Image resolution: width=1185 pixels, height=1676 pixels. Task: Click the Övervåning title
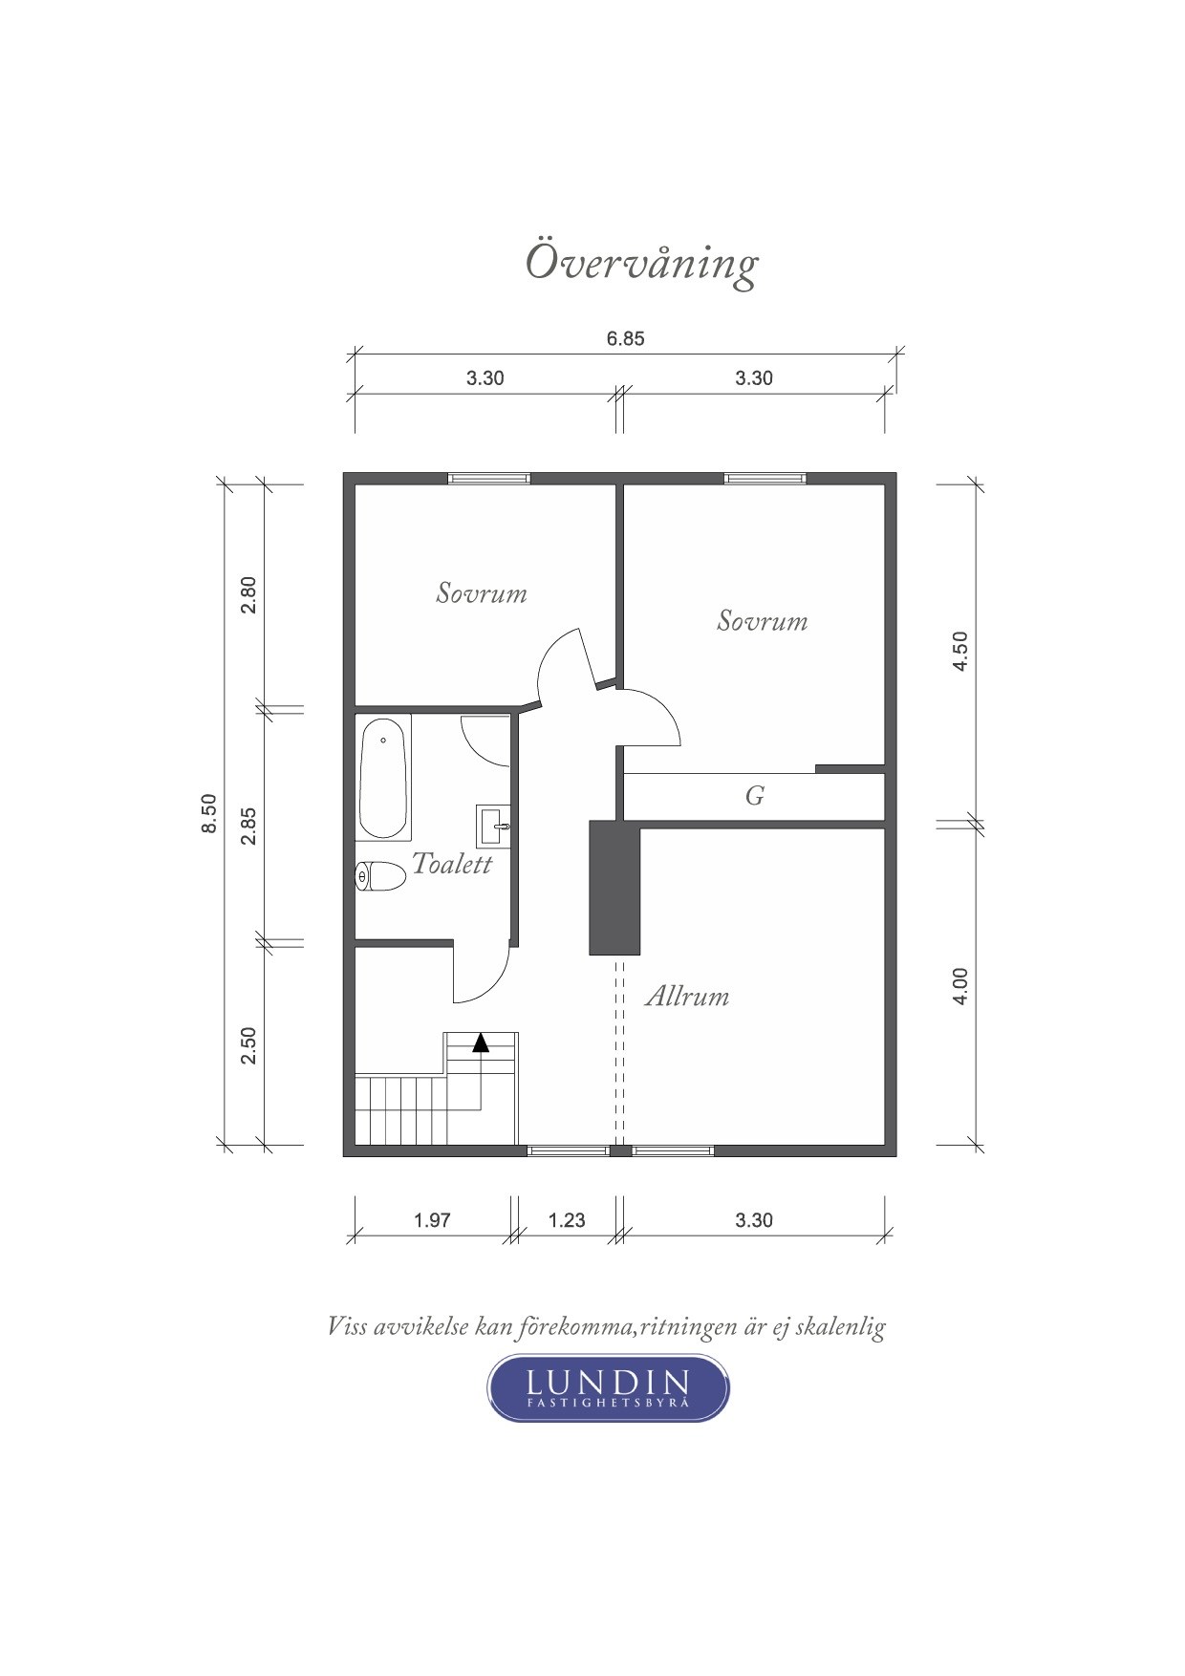tap(641, 263)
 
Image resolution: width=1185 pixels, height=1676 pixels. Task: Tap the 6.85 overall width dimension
tap(626, 339)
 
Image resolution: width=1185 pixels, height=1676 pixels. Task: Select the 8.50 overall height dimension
tap(209, 814)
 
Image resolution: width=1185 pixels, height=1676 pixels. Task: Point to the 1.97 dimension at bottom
tap(432, 1220)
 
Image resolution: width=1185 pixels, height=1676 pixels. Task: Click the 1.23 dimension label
tap(567, 1220)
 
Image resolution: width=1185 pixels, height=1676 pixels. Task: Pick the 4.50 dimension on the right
tap(961, 651)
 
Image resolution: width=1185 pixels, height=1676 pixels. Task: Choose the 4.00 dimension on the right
tap(961, 986)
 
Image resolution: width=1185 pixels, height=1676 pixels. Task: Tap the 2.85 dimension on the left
tap(248, 827)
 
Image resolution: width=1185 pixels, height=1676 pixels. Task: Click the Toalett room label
tap(452, 864)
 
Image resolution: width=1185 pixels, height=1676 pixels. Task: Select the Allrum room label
tap(687, 997)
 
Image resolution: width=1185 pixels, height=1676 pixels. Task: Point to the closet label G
tap(755, 795)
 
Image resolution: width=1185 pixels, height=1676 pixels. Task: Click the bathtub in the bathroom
tap(384, 777)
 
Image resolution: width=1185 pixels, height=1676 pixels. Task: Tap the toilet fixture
tap(381, 876)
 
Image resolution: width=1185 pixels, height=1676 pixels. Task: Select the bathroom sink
tap(493, 825)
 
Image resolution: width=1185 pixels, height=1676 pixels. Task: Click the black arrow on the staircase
tap(481, 1042)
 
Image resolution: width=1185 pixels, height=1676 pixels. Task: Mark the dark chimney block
tap(614, 888)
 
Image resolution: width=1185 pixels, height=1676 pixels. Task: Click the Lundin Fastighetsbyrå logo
tap(609, 1386)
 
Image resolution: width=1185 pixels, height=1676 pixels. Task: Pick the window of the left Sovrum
tap(489, 479)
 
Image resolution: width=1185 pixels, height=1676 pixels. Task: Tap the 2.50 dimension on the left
tap(248, 1046)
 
